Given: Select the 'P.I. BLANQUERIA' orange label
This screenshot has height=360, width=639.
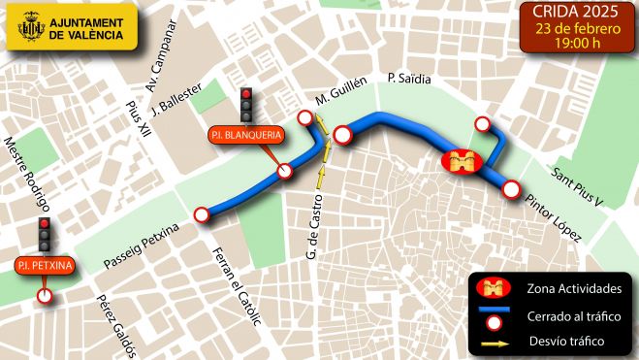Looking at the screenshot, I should pos(245,135).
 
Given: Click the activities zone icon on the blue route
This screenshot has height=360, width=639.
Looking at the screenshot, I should pos(461,161).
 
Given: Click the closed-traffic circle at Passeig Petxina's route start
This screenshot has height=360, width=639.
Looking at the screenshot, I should pos(202,214).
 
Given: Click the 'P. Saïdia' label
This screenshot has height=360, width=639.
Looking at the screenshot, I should pos(407,77).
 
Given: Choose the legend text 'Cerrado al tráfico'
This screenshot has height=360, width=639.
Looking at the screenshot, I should pos(568,316).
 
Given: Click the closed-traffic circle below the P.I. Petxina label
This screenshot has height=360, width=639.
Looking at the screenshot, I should pos(44,296).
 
